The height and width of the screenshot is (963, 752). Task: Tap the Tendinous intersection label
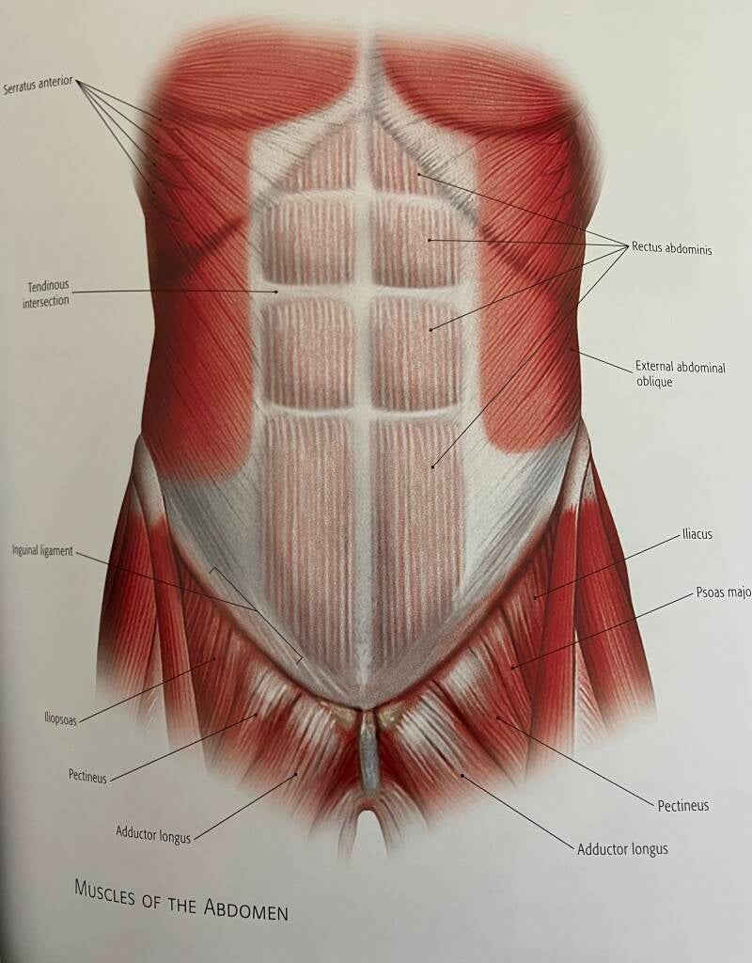(46, 292)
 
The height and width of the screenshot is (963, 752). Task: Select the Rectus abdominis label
(671, 249)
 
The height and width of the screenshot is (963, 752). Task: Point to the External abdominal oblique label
(680, 374)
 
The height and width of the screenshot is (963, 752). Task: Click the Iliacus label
(697, 534)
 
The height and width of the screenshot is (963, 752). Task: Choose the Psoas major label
(723, 593)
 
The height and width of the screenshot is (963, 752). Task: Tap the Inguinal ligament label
(41, 551)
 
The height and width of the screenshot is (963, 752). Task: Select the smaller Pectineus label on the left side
(87, 777)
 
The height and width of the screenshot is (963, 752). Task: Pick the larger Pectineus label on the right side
(682, 806)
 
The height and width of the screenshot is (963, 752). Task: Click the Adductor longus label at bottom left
(153, 833)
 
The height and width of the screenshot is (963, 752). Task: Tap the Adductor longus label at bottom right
(622, 849)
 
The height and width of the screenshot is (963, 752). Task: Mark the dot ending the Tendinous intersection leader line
(276, 292)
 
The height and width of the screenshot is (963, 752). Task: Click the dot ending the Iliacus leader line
(536, 596)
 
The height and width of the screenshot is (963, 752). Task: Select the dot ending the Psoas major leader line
(512, 667)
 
